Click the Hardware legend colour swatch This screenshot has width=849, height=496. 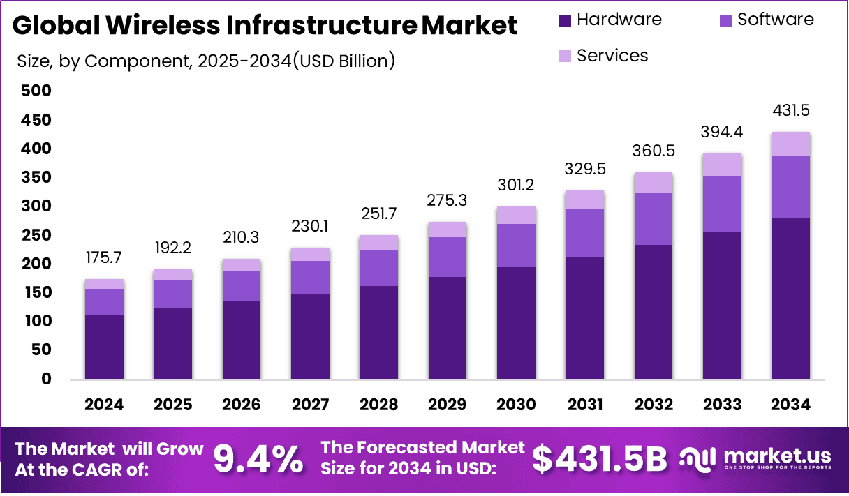click(566, 20)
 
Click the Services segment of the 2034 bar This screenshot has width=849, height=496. click(790, 144)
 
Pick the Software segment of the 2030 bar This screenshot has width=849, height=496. click(516, 246)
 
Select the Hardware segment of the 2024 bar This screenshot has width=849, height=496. click(104, 347)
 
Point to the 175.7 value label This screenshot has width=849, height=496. click(104, 257)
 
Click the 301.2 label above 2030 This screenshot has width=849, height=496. click(516, 185)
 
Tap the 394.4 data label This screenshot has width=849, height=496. click(722, 132)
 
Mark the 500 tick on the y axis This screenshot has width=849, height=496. click(36, 91)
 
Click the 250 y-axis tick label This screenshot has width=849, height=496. click(36, 235)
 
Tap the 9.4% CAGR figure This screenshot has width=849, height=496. click(258, 458)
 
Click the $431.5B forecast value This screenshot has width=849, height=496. click(600, 458)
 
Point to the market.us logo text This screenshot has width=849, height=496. click(776, 455)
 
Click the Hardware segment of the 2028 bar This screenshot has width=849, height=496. click(378, 333)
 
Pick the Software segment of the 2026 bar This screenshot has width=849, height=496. click(242, 286)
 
